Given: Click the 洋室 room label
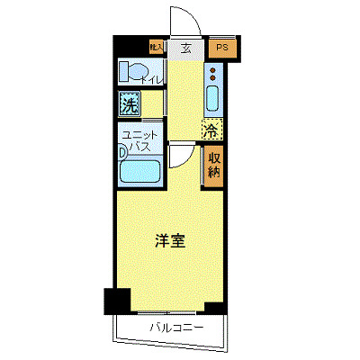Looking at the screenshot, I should [x=170, y=241].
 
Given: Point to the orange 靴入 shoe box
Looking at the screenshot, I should [x=156, y=46].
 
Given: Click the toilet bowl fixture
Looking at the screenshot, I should [x=132, y=71].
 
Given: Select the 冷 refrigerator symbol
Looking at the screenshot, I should [x=211, y=130].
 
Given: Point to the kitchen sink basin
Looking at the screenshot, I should [x=213, y=97].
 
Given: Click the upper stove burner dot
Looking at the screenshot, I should [x=213, y=70].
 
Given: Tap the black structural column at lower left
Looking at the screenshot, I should [x=117, y=301].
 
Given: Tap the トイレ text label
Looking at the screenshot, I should [x=152, y=81].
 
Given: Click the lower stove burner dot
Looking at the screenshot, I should [x=213, y=78].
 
